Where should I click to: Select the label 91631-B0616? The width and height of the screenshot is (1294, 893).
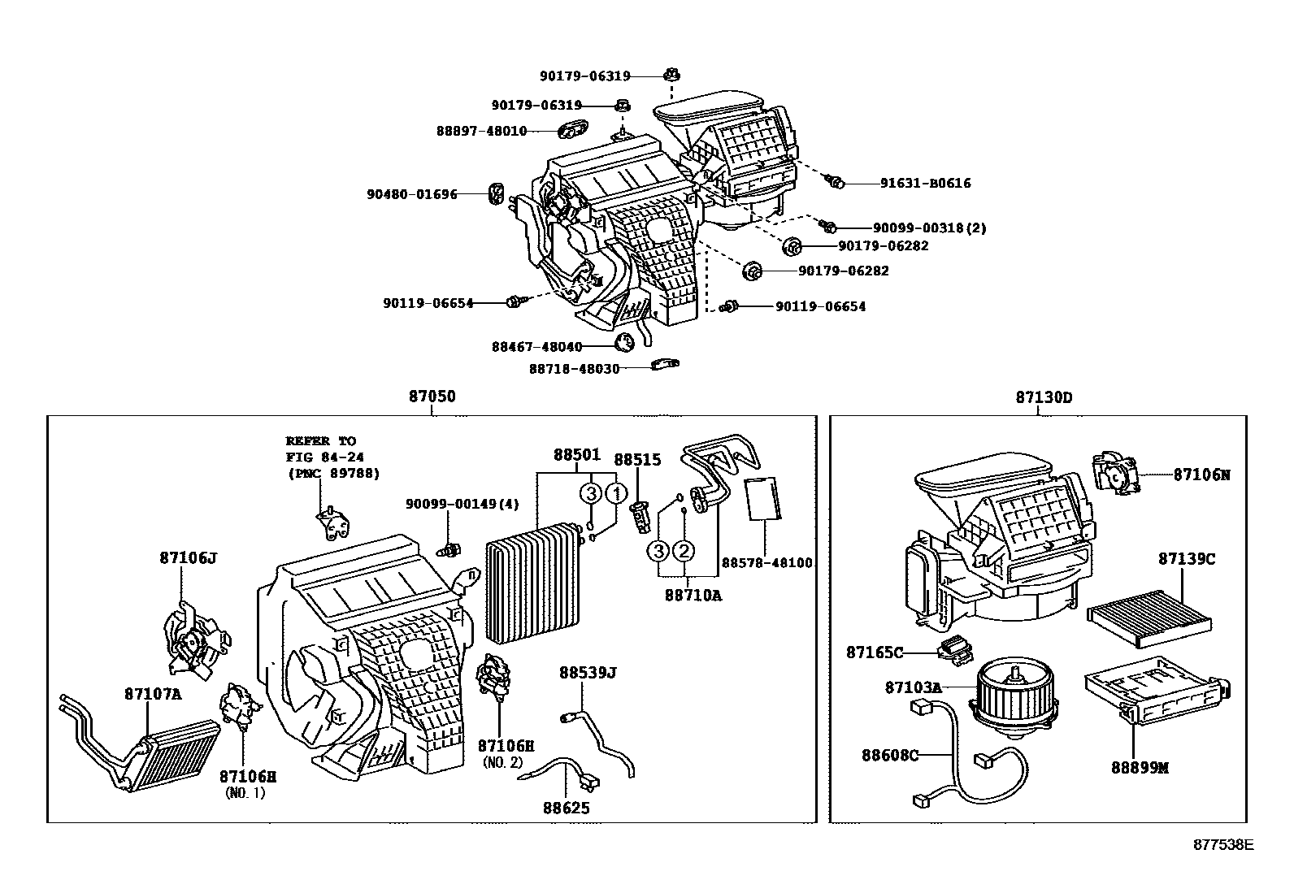925,184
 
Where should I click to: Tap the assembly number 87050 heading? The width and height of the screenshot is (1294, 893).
432,397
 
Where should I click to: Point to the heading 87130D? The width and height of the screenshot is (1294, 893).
1043,397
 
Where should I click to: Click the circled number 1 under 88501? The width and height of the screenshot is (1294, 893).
617,493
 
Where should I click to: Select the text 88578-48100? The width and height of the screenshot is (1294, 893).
766,562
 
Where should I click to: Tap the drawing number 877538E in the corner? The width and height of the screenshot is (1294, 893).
1223,843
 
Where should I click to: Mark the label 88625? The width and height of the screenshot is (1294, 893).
567,808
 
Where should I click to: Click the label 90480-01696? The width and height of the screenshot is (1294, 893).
411,194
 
